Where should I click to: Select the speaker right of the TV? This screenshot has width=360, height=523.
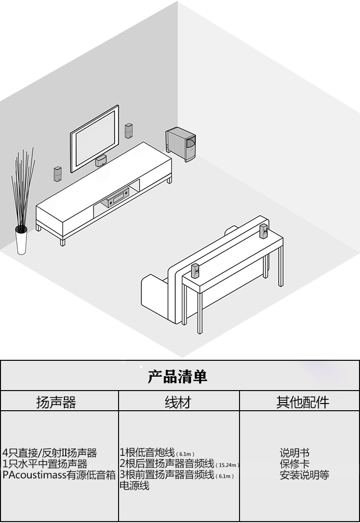pyautogui.click(x=129, y=131)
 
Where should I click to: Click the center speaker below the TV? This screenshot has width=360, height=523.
pyautogui.click(x=101, y=161)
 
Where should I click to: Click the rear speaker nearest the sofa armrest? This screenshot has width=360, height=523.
pyautogui.click(x=195, y=271)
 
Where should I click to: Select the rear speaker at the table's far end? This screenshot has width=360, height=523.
pyautogui.click(x=264, y=231)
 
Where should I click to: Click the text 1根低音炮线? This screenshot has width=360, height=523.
pyautogui.click(x=148, y=452)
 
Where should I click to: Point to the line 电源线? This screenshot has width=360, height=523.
pyautogui.click(x=134, y=486)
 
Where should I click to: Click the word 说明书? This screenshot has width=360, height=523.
pyautogui.click(x=294, y=452)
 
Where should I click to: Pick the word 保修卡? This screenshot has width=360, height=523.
pyautogui.click(x=294, y=464)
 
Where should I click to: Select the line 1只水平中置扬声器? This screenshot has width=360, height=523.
pyautogui.click(x=45, y=464)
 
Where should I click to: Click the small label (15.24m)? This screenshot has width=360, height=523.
pyautogui.click(x=227, y=465)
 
